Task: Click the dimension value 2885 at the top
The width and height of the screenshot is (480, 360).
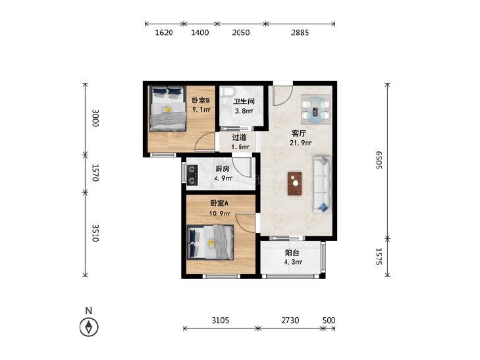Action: (300, 32)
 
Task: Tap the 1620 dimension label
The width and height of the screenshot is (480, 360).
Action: (164, 32)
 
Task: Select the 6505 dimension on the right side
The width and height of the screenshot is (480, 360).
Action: (379, 160)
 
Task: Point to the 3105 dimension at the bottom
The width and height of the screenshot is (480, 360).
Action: (221, 321)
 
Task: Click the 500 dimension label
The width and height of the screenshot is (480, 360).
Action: (329, 321)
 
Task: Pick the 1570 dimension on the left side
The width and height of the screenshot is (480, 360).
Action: (95, 173)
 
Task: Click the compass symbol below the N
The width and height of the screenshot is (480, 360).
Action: (89, 327)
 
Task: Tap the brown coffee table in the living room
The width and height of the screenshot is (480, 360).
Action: (294, 183)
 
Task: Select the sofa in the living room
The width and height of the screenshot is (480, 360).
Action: (322, 184)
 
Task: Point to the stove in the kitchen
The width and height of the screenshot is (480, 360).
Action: (192, 174)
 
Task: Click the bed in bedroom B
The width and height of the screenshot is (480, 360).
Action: (168, 109)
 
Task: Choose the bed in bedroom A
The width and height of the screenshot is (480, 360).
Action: (210, 242)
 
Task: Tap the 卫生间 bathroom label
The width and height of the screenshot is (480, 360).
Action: (244, 101)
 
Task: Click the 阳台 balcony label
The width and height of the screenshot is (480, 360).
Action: (292, 253)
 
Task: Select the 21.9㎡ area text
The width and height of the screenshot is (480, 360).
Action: (301, 143)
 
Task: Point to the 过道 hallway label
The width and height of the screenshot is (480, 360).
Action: (239, 138)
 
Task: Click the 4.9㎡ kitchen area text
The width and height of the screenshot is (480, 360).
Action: (223, 178)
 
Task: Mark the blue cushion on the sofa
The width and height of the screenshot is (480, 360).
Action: (323, 207)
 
